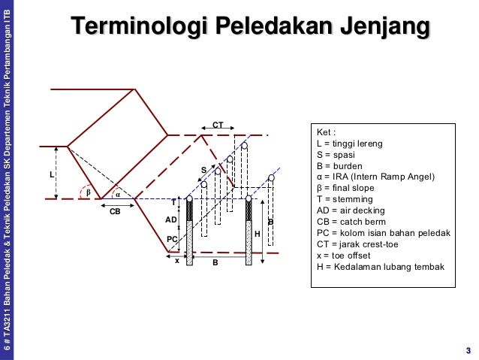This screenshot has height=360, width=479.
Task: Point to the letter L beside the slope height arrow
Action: click(52, 174)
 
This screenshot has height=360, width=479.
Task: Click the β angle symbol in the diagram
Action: click(89, 192)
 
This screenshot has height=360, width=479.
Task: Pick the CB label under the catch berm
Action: click(115, 212)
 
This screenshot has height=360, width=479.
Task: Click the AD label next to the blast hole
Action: click(171, 220)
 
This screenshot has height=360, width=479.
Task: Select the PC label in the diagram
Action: click(172, 239)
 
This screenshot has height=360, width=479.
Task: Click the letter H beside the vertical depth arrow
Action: click(257, 234)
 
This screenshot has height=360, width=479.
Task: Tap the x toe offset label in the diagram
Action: click(176, 260)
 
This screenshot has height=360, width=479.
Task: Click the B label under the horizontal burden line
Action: click(215, 263)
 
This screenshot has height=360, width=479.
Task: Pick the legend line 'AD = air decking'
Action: click(353, 210)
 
